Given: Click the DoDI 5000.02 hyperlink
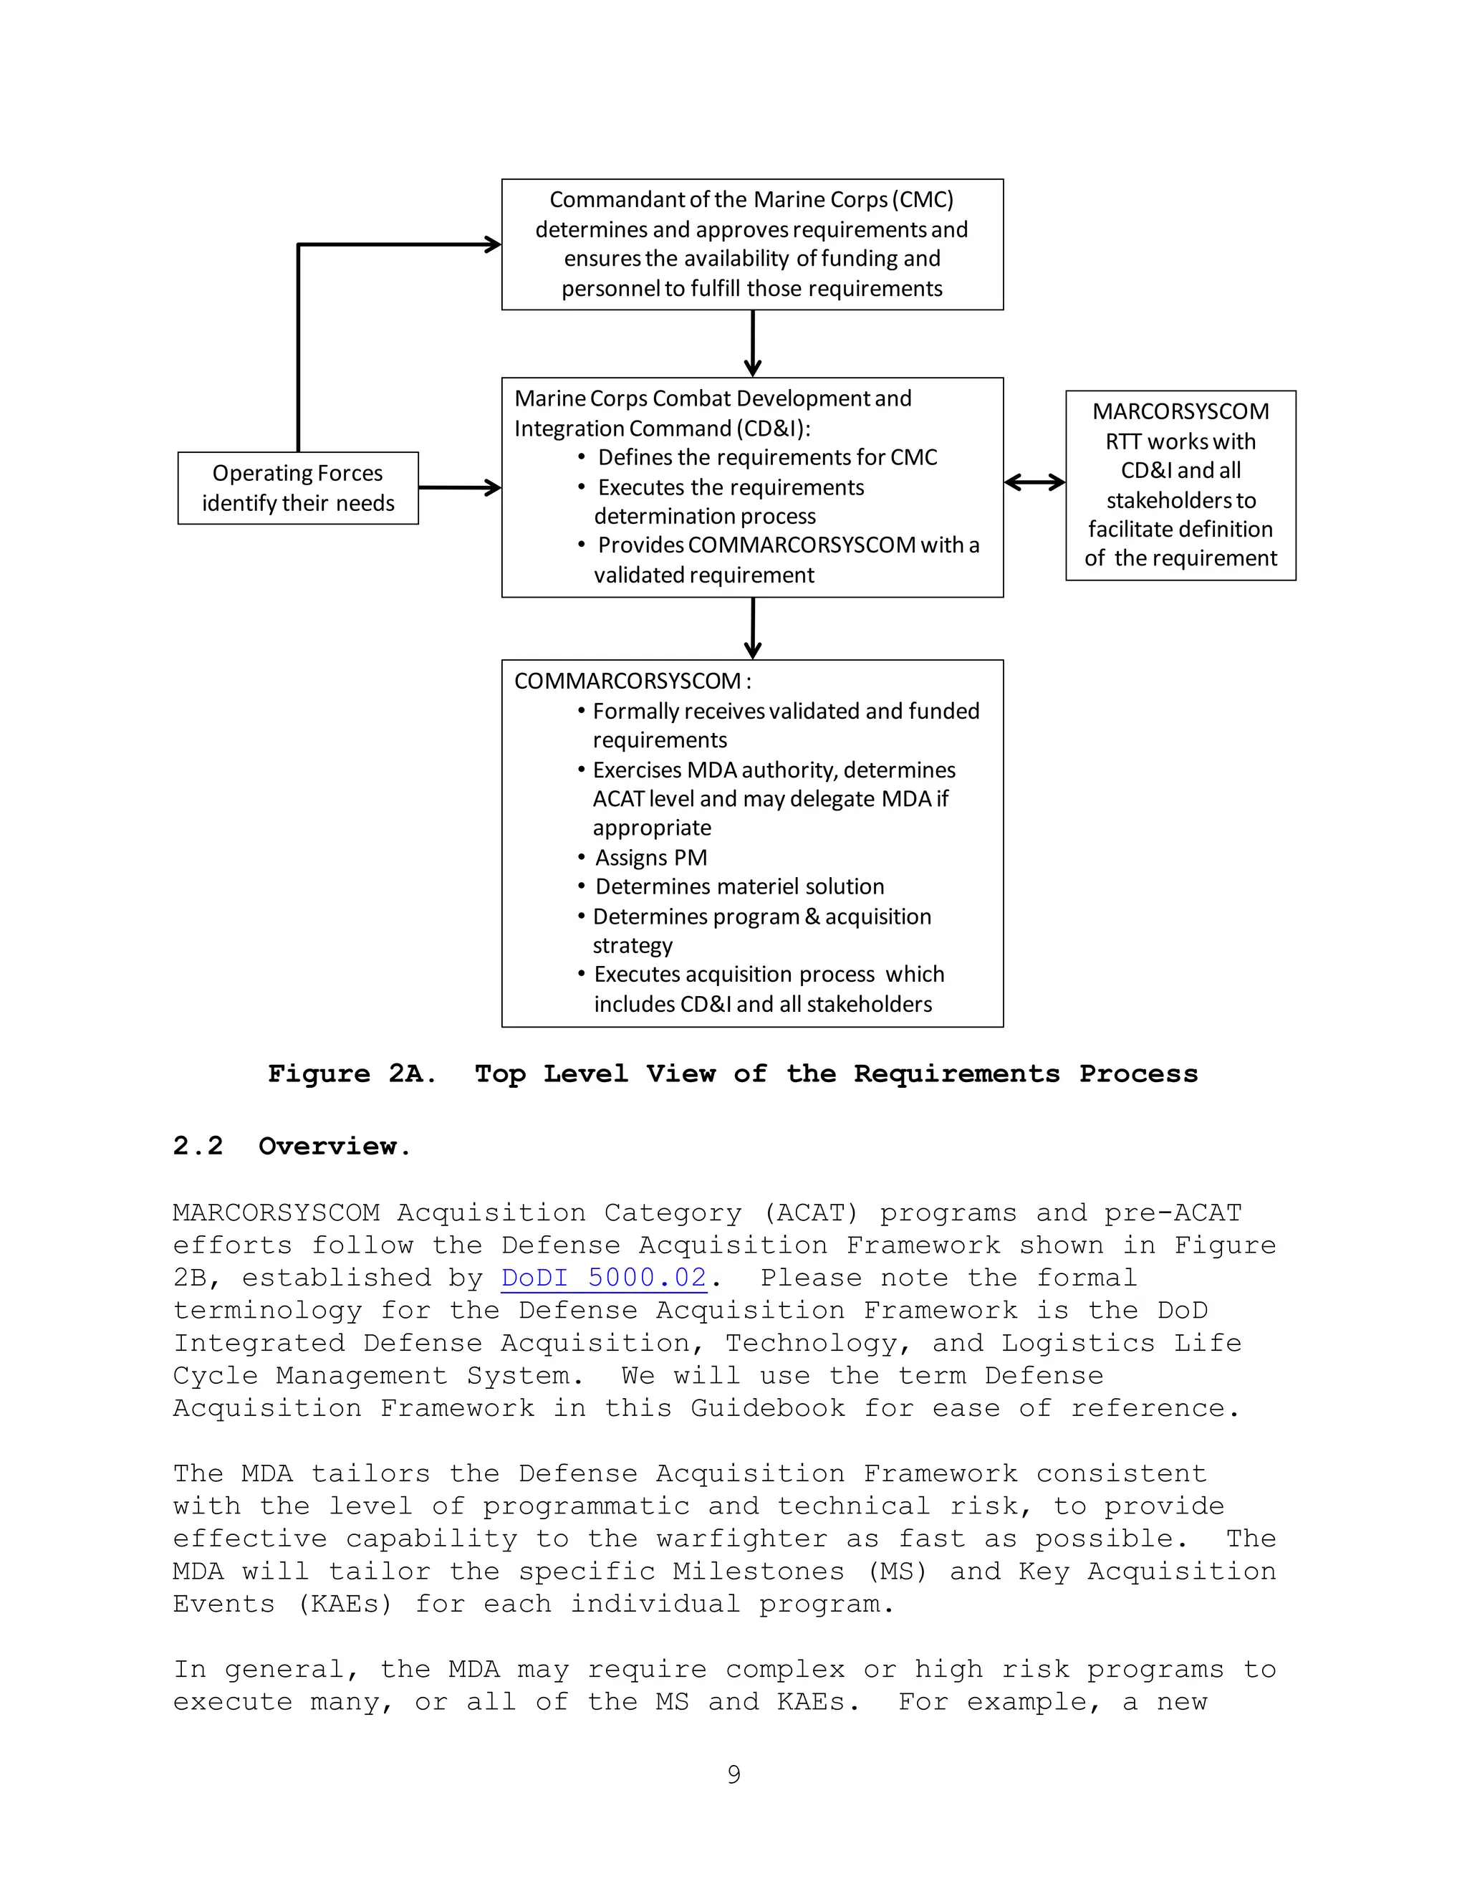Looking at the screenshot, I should tap(604, 1277).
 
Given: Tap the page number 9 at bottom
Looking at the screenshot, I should tap(733, 1774).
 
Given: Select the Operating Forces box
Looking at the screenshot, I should tap(298, 488).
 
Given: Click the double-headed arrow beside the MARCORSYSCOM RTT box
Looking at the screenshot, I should tap(1034, 482).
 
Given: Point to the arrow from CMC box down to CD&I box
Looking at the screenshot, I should tap(753, 343).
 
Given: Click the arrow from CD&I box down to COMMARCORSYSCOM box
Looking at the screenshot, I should tap(753, 628).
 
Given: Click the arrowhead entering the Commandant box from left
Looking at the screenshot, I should tap(492, 244).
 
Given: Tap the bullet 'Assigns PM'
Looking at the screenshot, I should tap(650, 857).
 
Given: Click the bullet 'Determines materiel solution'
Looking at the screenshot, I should tap(739, 886).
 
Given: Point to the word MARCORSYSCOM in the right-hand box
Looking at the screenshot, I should tap(1180, 411).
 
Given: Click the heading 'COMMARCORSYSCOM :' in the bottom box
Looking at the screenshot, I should tap(633, 681).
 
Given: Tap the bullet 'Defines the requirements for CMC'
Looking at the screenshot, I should tap(766, 457).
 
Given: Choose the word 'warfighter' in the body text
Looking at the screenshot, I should tap(741, 1538).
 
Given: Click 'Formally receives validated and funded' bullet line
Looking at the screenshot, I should tap(785, 712).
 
